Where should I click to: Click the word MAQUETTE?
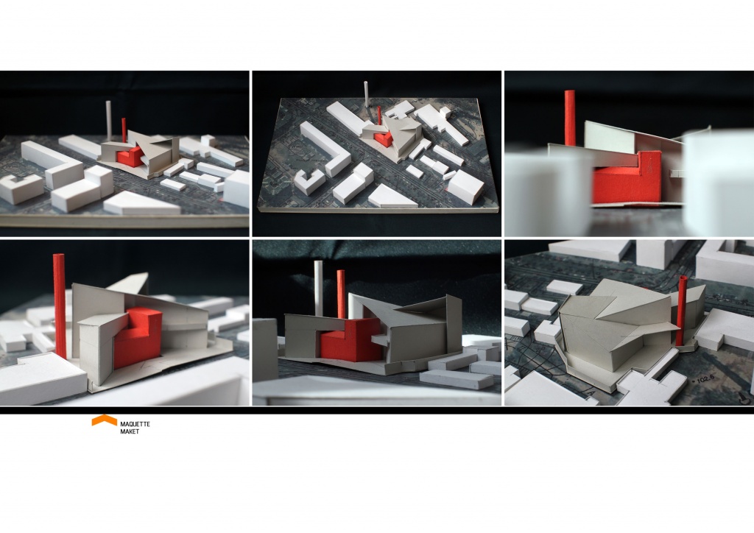135,424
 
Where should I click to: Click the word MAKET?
130,431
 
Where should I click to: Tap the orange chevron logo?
105,420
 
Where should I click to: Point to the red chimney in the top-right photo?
570,118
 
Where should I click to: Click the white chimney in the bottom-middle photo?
318,288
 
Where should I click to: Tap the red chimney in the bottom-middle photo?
341,294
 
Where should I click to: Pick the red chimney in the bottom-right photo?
681,311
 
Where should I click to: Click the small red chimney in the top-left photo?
124,130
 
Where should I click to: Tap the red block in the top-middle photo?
384,139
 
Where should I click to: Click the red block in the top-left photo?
130,156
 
